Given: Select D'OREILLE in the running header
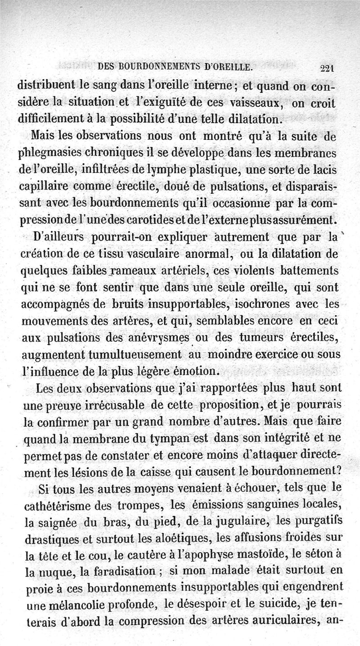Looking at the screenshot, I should click(x=227, y=68).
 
